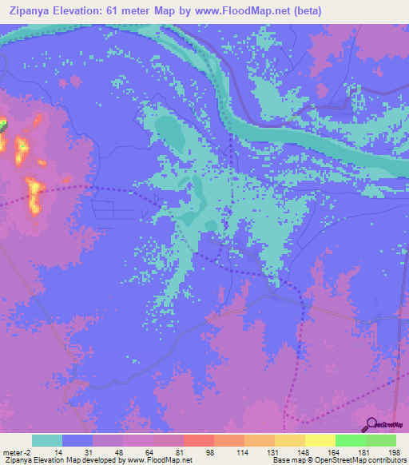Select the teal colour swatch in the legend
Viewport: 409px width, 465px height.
pyautogui.click(x=47, y=440)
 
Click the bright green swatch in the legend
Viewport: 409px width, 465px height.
pyautogui.click(x=350, y=440)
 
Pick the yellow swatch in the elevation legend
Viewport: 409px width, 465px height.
pyautogui.click(x=320, y=440)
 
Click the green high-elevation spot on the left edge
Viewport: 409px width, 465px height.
pyautogui.click(x=2, y=125)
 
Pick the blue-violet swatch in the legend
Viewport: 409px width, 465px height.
pyautogui.click(x=77, y=440)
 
